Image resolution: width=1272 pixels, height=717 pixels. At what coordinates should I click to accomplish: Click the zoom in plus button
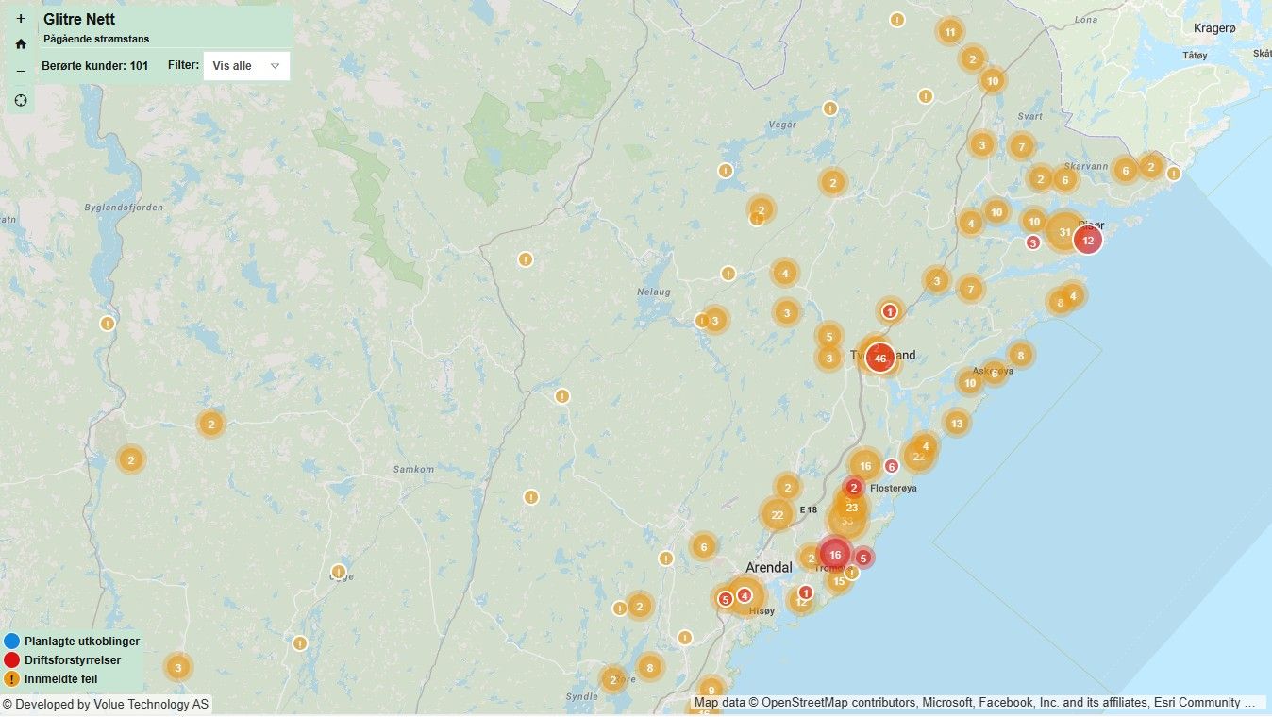click(21, 19)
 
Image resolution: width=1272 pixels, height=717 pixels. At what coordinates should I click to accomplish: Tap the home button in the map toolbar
click(21, 44)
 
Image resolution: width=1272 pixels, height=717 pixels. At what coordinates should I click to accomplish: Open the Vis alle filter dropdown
click(246, 66)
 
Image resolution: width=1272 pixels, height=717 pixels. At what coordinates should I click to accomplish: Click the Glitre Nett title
click(79, 19)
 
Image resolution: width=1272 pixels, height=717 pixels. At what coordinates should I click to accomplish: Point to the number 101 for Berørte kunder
click(139, 66)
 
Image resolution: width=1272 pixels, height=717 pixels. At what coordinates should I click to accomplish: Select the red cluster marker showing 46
click(880, 358)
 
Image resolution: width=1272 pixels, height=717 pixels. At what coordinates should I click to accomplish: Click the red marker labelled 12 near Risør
click(1088, 241)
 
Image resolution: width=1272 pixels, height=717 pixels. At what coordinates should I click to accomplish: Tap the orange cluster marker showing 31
click(1064, 232)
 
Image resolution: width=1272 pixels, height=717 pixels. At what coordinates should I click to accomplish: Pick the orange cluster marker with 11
click(950, 31)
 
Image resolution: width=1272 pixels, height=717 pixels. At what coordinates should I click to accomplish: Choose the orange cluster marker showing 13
click(957, 423)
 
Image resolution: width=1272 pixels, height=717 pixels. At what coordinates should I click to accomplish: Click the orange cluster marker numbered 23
click(851, 508)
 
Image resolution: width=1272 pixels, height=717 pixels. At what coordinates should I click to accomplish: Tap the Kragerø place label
click(1213, 28)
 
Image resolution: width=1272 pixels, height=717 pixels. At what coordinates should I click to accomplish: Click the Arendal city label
click(769, 568)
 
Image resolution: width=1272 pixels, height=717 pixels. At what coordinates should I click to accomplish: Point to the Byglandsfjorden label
click(124, 208)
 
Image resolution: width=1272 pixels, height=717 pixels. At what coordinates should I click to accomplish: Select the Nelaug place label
click(653, 292)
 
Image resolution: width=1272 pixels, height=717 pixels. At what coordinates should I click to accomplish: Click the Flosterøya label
click(894, 488)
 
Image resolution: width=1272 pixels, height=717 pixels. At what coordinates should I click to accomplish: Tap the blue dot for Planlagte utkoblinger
click(11, 642)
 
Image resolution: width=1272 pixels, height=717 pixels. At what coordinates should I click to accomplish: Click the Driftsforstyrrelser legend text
click(73, 660)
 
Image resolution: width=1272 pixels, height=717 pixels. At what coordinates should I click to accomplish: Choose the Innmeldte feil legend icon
click(11, 678)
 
